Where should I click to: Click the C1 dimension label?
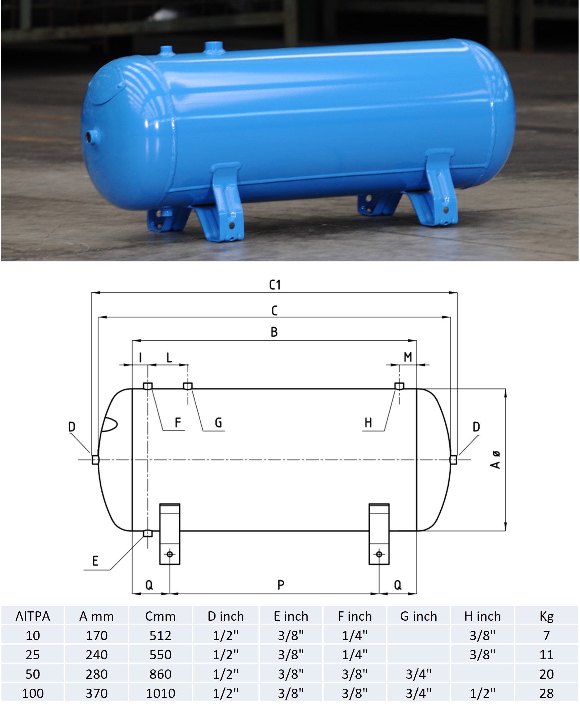point(275,285)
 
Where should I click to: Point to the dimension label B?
point(274,332)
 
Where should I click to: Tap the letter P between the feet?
point(281,585)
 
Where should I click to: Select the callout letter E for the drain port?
point(95,561)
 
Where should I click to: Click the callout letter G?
point(218,423)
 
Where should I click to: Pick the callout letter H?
point(368,423)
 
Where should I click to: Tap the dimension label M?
point(407,357)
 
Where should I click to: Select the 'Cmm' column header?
point(160,616)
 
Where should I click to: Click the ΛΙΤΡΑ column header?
point(33,616)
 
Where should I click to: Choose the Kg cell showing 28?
point(546,694)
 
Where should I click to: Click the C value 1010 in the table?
point(160,694)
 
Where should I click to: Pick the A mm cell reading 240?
point(96,655)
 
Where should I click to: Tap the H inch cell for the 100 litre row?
point(482,694)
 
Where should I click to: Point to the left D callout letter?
point(71,427)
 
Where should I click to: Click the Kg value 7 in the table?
point(546,635)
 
